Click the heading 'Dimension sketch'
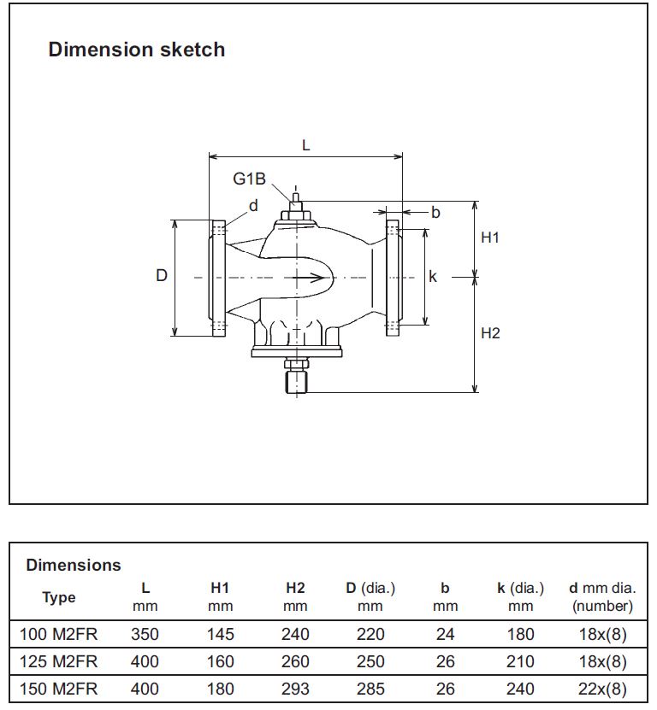pyautogui.click(x=136, y=50)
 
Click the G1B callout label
pyautogui.click(x=250, y=179)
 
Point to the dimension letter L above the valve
pyautogui.click(x=305, y=144)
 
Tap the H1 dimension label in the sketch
pyautogui.click(x=489, y=238)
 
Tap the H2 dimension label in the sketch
pyautogui.click(x=489, y=332)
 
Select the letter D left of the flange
pyautogui.click(x=161, y=276)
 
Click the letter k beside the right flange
pyautogui.click(x=433, y=276)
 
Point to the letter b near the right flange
pyautogui.click(x=435, y=212)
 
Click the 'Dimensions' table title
pyautogui.click(x=74, y=565)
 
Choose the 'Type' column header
pyautogui.click(x=59, y=597)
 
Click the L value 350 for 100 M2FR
pyautogui.click(x=145, y=634)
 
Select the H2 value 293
pyautogui.click(x=295, y=689)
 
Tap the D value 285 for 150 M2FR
pyautogui.click(x=370, y=689)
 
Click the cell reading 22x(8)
pyautogui.click(x=602, y=689)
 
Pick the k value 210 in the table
pyautogui.click(x=520, y=661)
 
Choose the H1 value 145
pyautogui.click(x=220, y=634)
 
